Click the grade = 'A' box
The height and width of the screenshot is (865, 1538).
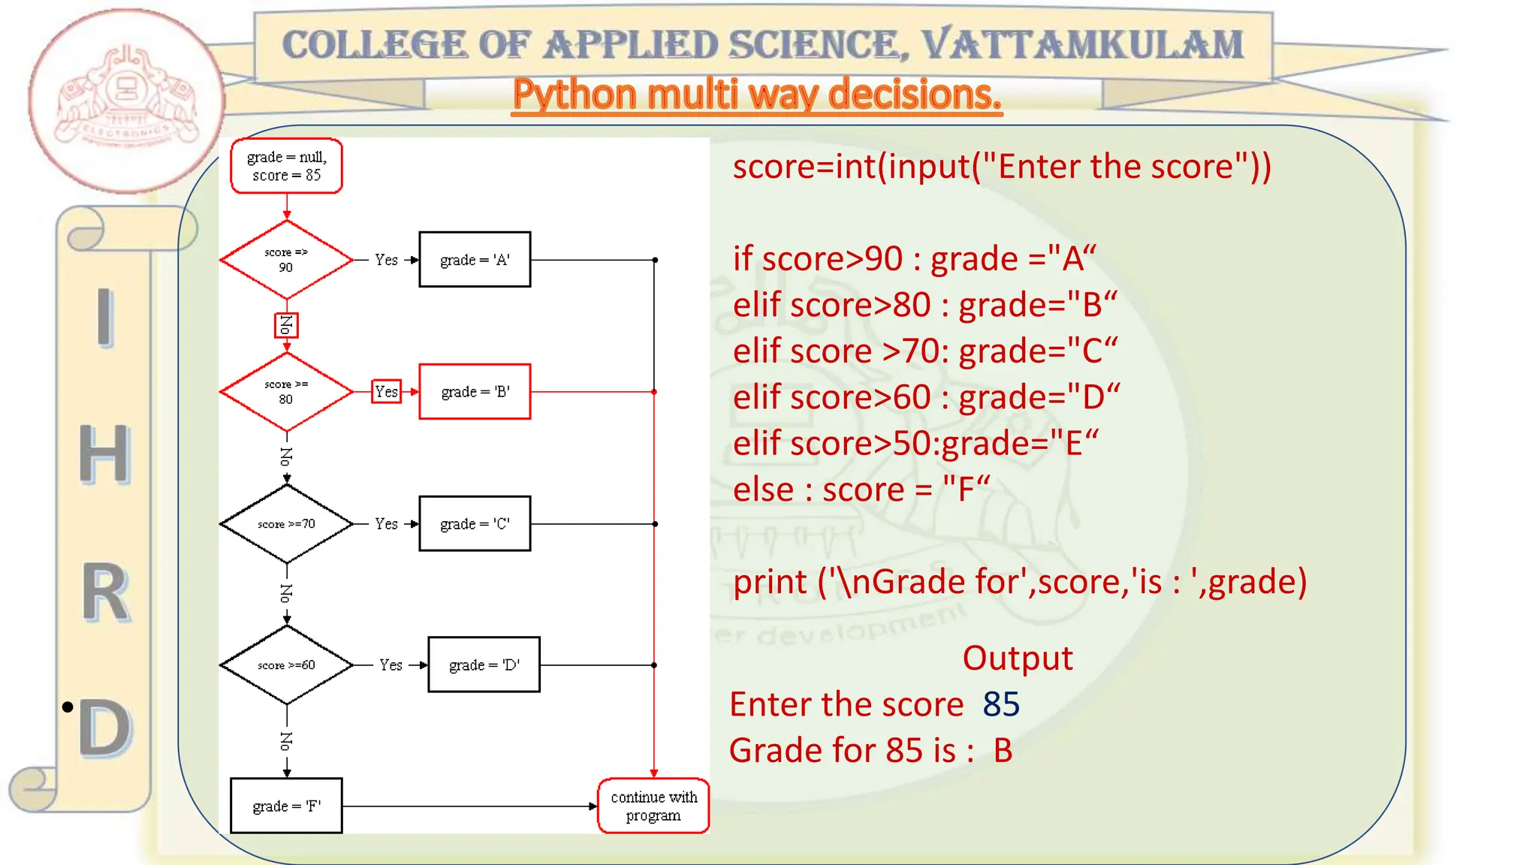(475, 260)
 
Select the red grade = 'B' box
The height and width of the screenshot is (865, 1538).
(475, 392)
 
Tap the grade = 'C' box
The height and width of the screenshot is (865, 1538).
(475, 524)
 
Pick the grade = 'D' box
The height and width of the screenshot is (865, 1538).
(484, 665)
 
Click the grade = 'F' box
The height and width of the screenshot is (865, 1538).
(286, 806)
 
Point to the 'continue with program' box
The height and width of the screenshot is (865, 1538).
(653, 806)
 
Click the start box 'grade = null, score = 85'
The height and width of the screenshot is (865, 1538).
(286, 166)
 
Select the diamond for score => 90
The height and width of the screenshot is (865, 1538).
(286, 260)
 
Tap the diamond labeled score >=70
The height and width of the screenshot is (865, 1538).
(286, 524)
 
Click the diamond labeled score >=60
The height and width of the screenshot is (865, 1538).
(286, 665)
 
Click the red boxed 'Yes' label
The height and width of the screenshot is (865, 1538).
(386, 391)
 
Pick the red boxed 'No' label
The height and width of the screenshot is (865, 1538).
(286, 325)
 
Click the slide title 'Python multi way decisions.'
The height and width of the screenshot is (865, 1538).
(757, 95)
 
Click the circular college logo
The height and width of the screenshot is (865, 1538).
(126, 101)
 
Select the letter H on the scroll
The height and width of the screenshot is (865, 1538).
(104, 454)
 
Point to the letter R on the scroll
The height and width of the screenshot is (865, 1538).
(104, 593)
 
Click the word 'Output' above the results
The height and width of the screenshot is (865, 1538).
(1018, 659)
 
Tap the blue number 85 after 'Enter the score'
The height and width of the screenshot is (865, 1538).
(1001, 704)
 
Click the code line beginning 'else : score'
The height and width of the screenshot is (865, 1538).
(861, 490)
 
